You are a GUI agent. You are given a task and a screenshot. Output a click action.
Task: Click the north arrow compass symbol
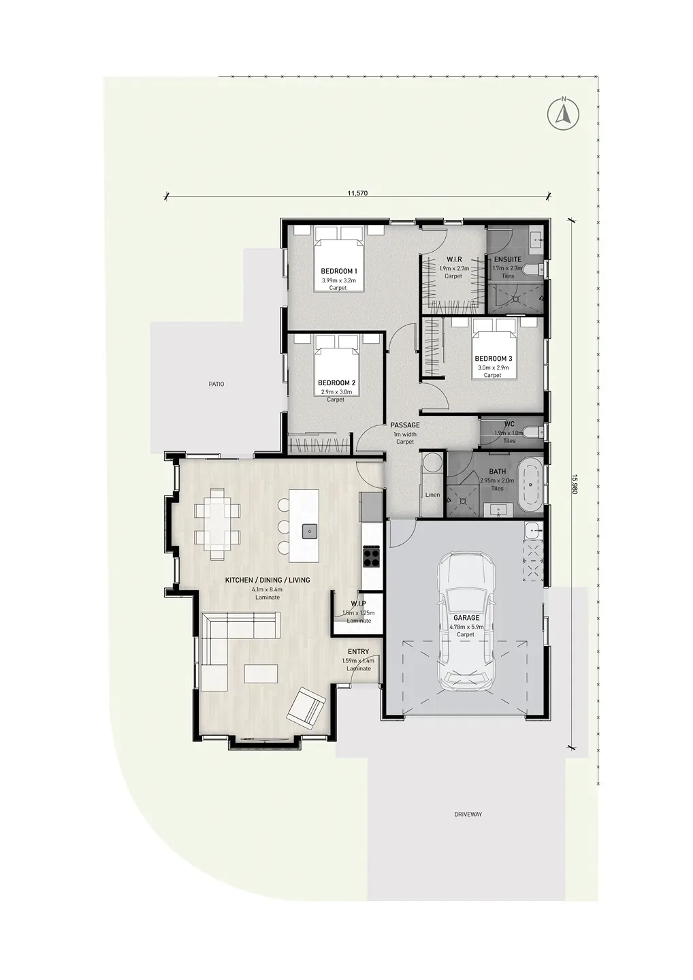pyautogui.click(x=564, y=114)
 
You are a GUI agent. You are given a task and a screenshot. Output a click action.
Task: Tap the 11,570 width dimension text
pyautogui.click(x=357, y=193)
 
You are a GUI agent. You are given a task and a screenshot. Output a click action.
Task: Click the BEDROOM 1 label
pyautogui.click(x=338, y=272)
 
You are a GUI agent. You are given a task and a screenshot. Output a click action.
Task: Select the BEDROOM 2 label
pyautogui.click(x=336, y=382)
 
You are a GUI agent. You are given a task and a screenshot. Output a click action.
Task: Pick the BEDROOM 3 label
pyautogui.click(x=493, y=359)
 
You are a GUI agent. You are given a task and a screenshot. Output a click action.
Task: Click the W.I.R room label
pyautogui.click(x=454, y=260)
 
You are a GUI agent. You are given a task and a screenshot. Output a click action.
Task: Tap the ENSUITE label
pyautogui.click(x=508, y=260)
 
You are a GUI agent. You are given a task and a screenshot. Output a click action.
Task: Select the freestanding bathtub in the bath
pyautogui.click(x=530, y=485)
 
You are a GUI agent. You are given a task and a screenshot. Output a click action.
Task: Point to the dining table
pyautogui.click(x=217, y=524)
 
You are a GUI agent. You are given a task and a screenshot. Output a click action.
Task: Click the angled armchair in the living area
pyautogui.click(x=306, y=710)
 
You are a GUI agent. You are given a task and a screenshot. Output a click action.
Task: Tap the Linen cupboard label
pyautogui.click(x=433, y=495)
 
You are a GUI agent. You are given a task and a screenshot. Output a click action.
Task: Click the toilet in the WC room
pyautogui.click(x=534, y=432)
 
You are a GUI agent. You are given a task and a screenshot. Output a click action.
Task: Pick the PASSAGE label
pyautogui.click(x=404, y=425)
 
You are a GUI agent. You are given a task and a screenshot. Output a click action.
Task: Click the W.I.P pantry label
pyautogui.click(x=358, y=604)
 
